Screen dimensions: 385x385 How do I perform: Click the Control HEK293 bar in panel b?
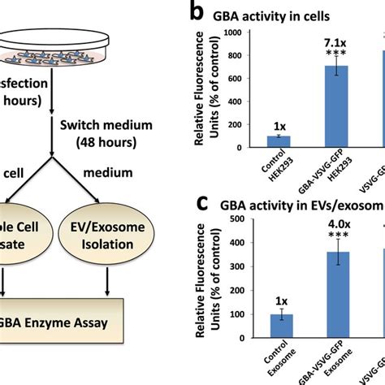[x=279, y=142]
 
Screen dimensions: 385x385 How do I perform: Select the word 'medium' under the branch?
[x=110, y=173]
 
